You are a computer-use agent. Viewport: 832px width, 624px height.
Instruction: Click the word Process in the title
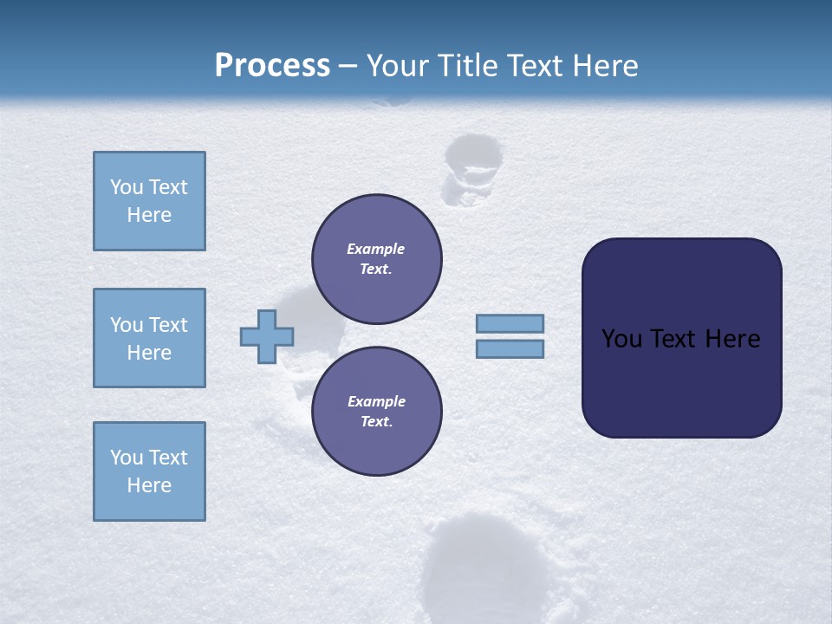272,66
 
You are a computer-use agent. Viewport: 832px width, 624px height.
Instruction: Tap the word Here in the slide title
605,66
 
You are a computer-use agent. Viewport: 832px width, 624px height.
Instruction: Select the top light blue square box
149,201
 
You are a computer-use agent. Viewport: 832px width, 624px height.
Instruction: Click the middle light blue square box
149,338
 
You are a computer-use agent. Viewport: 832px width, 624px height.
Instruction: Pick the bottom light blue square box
149,471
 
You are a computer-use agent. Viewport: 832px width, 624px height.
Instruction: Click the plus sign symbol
267,336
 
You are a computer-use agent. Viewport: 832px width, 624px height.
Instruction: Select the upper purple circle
376,259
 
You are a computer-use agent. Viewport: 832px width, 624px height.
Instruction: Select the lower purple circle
376,412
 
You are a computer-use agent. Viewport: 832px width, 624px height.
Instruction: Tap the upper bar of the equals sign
510,323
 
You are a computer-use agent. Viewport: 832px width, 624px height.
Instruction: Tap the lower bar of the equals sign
510,349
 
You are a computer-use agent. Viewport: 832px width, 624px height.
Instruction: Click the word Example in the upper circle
375,249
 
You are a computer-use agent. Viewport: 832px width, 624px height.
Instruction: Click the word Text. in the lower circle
376,422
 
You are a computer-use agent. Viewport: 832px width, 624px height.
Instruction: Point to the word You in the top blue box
126,187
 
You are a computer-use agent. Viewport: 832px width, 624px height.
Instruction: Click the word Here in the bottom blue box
149,485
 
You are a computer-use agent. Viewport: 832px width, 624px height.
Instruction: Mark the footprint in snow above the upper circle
471,169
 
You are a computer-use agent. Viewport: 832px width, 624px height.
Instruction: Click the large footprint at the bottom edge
485,568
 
